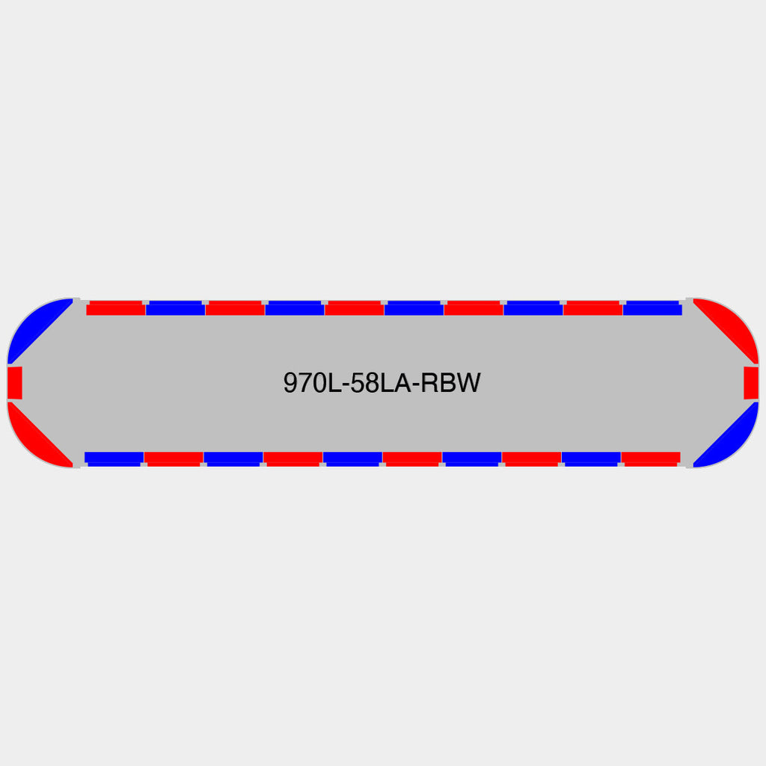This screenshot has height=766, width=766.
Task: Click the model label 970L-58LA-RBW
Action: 382,382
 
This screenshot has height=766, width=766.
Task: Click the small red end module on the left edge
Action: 15,382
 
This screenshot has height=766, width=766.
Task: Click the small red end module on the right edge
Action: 751,382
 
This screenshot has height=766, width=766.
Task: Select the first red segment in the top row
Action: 116,307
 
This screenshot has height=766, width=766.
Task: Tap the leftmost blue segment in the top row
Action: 175,307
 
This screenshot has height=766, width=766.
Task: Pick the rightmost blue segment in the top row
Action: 652,307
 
